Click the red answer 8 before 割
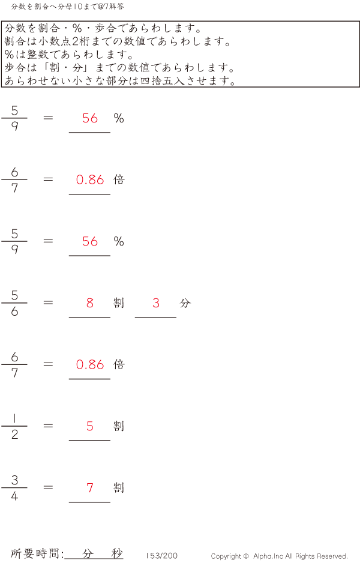[x=90, y=303]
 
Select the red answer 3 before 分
[x=156, y=303]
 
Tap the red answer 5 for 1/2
[x=90, y=426]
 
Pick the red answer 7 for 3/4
[x=90, y=487]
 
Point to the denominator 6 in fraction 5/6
[x=14, y=312]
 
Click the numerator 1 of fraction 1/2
[x=14, y=418]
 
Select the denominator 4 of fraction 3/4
[x=14, y=496]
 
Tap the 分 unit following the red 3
[x=185, y=303]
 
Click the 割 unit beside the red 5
[x=119, y=426]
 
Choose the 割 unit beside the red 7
[x=119, y=487]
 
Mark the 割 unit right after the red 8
[x=119, y=303]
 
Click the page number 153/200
[x=161, y=555]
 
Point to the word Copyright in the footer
[x=226, y=556]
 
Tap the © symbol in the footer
[x=246, y=556]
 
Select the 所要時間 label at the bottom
[x=35, y=553]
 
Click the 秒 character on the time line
[x=116, y=553]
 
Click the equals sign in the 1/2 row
[x=48, y=426]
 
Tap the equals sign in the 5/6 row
[x=48, y=303]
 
